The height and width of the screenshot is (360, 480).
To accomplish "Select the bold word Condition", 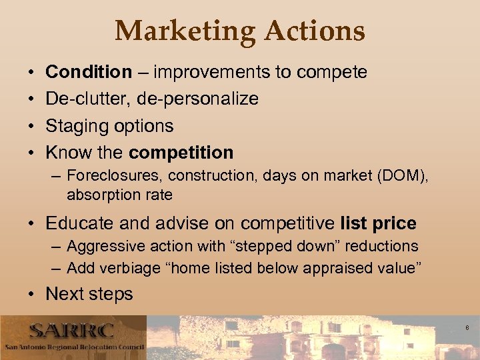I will tap(89, 72).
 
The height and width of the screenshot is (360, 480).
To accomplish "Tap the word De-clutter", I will tap(88, 99).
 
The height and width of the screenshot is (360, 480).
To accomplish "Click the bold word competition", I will tap(181, 153).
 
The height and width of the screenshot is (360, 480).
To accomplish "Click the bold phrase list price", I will tap(378, 223).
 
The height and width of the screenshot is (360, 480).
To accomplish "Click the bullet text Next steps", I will tap(89, 293).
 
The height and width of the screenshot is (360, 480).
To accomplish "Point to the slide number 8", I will tap(467, 327).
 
